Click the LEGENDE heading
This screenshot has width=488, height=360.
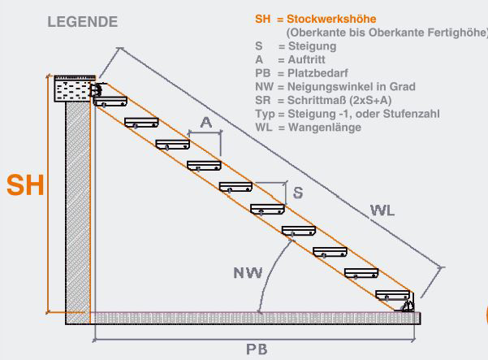83,22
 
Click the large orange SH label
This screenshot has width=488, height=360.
25,185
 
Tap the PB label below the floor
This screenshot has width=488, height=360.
257,349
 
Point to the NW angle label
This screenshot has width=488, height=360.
248,273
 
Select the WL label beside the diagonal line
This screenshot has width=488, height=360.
382,210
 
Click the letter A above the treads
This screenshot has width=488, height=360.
206,123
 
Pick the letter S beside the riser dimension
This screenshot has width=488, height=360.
298,193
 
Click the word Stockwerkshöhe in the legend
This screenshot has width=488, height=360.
331,19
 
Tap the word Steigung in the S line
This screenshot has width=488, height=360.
312,46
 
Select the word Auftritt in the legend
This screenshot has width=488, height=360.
307,59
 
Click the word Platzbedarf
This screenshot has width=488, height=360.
317,73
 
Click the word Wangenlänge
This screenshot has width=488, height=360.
325,128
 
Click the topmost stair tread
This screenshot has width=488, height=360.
110,102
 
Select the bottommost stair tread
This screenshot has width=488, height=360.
393,295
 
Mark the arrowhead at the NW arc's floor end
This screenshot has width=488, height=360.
260,310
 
